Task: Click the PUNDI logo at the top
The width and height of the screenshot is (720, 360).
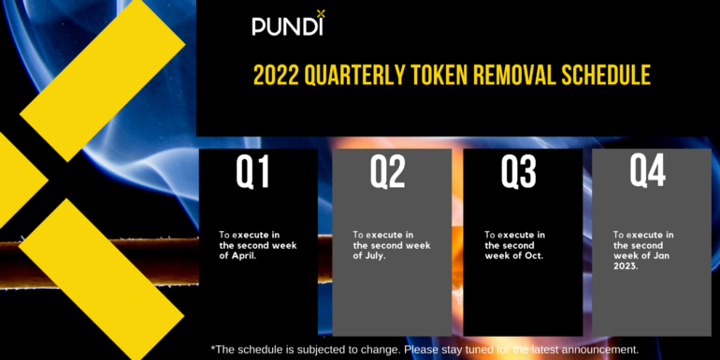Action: (x=287, y=25)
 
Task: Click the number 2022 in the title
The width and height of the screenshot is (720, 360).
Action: (x=281, y=76)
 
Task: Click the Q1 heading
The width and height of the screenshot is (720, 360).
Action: (x=252, y=172)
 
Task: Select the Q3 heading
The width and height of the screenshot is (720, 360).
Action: (x=518, y=172)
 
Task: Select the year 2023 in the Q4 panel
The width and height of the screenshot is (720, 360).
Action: (x=626, y=266)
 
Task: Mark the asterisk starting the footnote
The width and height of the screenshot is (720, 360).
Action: (x=213, y=348)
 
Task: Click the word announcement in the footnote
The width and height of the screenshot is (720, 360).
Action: (x=602, y=349)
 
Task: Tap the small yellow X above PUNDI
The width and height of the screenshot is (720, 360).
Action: (x=321, y=13)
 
